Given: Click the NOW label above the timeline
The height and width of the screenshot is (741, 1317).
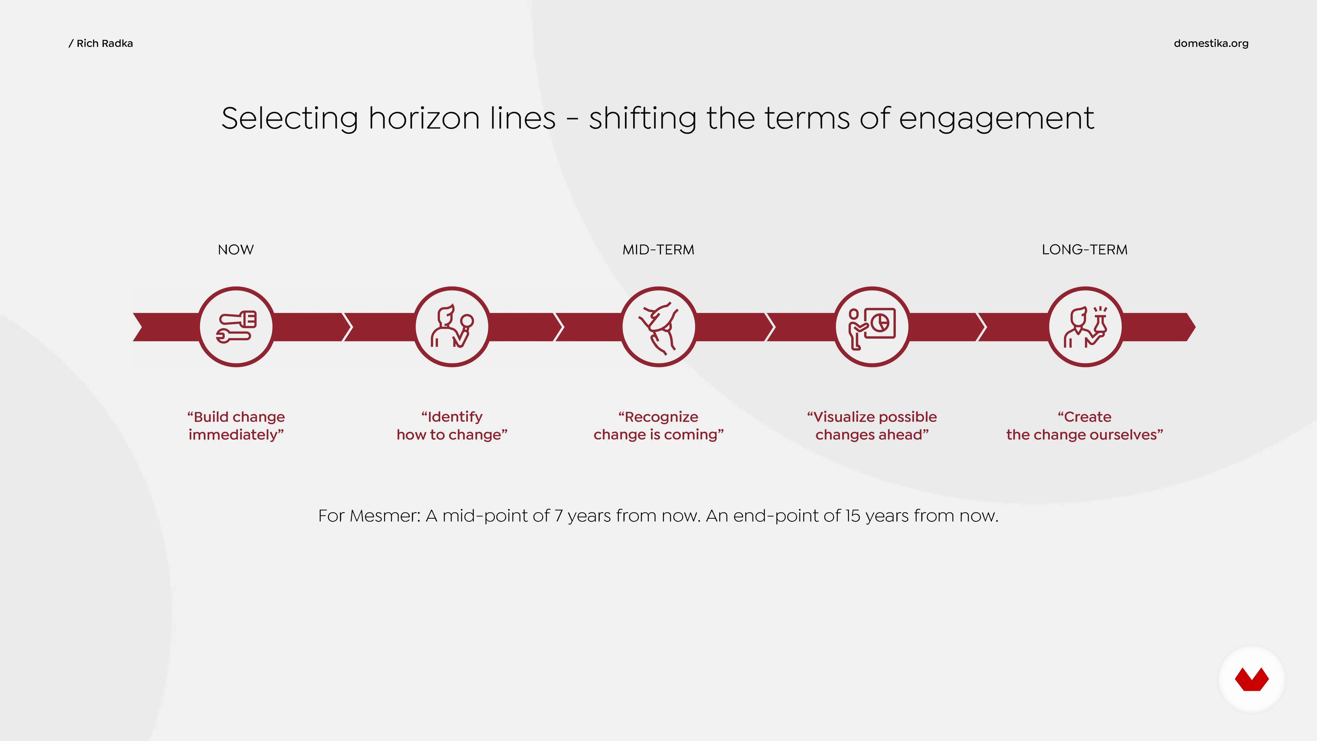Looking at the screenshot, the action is click(236, 249).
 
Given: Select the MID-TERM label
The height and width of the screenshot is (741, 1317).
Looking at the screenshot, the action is click(658, 249).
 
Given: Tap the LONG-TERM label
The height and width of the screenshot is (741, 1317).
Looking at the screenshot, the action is click(1084, 249).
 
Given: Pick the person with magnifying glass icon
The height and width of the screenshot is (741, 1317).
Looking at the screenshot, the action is click(452, 327).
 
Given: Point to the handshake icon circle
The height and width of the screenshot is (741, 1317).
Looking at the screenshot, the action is click(659, 327).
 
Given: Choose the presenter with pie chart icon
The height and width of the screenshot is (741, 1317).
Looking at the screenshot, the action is click(872, 327).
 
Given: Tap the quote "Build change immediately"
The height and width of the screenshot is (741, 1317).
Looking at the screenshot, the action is click(236, 425).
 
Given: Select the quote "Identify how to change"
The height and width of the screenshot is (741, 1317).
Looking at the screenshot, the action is click(452, 425).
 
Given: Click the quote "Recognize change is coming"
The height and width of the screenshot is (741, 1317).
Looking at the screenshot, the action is click(658, 425).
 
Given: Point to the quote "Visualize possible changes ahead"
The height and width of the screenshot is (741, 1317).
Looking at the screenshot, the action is click(872, 425).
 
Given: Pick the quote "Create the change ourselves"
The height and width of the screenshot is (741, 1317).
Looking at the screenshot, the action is click(1085, 425).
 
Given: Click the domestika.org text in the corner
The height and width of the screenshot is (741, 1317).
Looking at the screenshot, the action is click(1211, 44).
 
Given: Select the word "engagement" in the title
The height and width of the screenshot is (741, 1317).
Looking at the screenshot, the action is click(996, 119).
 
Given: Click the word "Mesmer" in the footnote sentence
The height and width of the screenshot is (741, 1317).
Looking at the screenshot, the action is click(385, 516).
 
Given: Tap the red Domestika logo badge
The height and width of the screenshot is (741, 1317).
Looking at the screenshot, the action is click(1251, 679).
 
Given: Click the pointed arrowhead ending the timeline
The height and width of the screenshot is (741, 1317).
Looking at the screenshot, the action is click(1190, 327).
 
